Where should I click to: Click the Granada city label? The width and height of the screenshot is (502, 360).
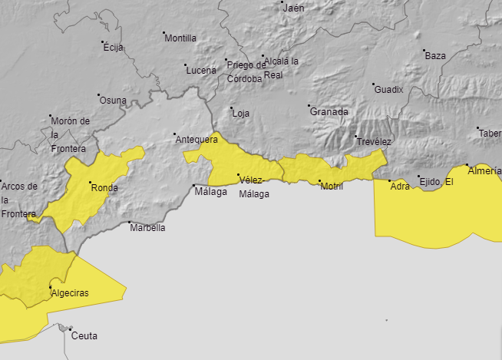click(329, 111)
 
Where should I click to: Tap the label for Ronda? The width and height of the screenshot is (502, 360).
click(104, 187)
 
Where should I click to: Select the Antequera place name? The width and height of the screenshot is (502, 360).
click(197, 139)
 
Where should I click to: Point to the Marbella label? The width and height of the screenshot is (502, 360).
click(147, 227)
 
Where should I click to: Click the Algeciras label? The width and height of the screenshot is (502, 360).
click(69, 293)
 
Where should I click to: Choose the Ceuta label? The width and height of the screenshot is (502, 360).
click(84, 335)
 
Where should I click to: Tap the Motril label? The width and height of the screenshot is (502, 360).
click(332, 187)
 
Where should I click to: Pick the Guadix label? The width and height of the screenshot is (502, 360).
click(388, 89)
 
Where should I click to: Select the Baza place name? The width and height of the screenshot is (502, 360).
click(435, 56)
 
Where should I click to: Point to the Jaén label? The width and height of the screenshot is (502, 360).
click(294, 8)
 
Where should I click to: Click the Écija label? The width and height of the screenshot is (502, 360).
click(113, 48)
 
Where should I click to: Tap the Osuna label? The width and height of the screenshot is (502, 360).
click(112, 101)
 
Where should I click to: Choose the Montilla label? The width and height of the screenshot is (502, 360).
click(180, 38)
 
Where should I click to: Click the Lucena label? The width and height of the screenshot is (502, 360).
click(201, 71)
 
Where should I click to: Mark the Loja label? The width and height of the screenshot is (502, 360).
click(241, 114)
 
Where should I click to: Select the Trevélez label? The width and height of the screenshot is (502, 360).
click(374, 142)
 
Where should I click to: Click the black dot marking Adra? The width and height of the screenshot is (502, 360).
click(389, 180)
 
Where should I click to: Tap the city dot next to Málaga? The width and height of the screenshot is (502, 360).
click(193, 186)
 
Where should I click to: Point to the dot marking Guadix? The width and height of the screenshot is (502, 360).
click(373, 84)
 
